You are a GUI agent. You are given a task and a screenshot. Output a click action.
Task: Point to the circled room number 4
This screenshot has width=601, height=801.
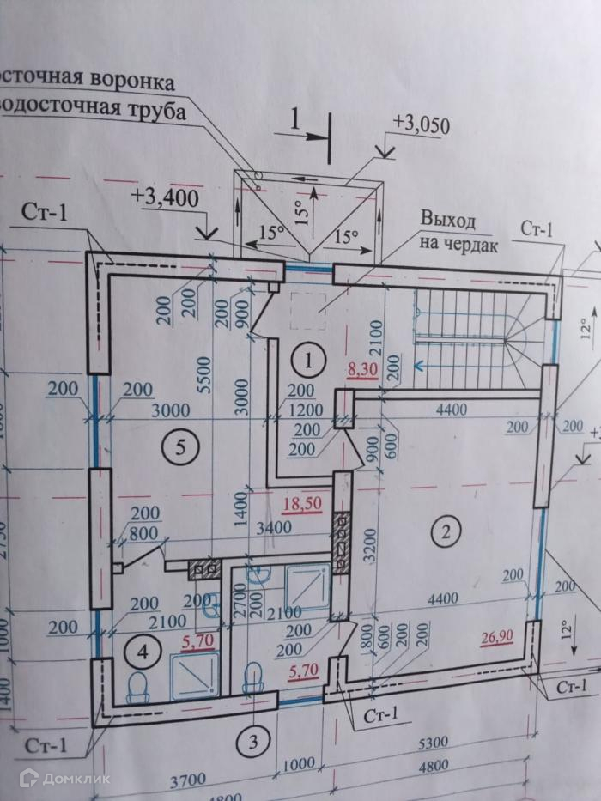[143, 652]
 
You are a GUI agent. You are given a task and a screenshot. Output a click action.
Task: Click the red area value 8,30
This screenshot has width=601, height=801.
[362, 372]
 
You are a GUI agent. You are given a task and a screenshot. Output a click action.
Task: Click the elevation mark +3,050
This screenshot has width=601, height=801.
[420, 123]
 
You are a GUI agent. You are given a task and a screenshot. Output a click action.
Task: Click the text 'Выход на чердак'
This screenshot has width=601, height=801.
[446, 231]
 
